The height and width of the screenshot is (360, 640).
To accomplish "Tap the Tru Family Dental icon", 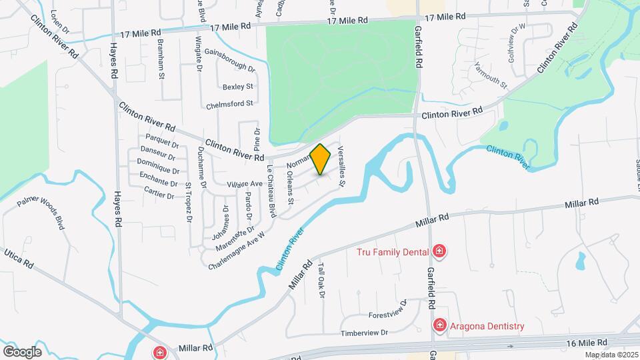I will click(x=439, y=251).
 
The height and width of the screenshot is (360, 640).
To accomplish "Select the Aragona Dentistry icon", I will click(x=439, y=325).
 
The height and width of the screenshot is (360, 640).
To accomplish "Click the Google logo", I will click(x=22, y=351).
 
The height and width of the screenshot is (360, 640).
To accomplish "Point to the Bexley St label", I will click(x=238, y=87).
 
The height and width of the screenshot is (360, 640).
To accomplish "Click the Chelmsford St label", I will click(x=231, y=103).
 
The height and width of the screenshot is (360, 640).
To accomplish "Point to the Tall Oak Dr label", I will click(x=321, y=280).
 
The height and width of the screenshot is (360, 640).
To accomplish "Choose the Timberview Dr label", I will click(x=364, y=333).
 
